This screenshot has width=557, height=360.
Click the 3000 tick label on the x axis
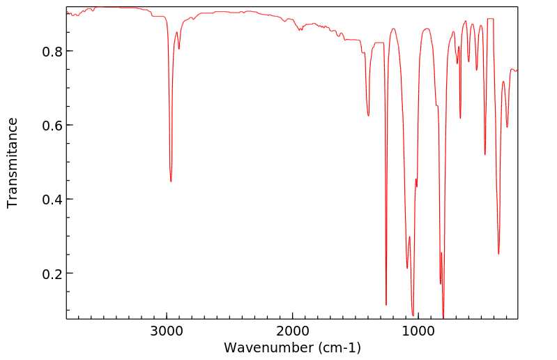pyautogui.click(x=167, y=331)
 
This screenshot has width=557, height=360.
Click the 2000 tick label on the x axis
pyautogui.click(x=292, y=331)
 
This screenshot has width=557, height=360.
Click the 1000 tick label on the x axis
pyautogui.click(x=418, y=331)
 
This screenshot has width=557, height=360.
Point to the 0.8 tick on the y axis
pyautogui.click(x=67, y=52)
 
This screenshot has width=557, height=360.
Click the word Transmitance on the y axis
pyautogui.click(x=13, y=163)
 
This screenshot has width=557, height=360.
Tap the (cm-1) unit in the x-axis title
pyautogui.click(x=338, y=347)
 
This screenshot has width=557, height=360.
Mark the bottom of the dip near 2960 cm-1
pyautogui.click(x=171, y=181)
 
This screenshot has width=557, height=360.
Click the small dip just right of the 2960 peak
pyautogui.click(x=179, y=49)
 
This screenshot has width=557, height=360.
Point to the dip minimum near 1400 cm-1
pyautogui.click(x=368, y=116)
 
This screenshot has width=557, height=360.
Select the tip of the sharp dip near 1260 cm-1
pyautogui.click(x=386, y=305)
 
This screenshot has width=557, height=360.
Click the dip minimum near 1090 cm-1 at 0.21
pyautogui.click(x=407, y=268)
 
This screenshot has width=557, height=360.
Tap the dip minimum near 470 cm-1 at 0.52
pyautogui.click(x=485, y=154)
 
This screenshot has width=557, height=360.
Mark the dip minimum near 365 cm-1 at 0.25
pyautogui.click(x=498, y=253)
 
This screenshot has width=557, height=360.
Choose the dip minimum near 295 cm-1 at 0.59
pyautogui.click(x=507, y=127)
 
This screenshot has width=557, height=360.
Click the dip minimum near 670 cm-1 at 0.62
pyautogui.click(x=460, y=118)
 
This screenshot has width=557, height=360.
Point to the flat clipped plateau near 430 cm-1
pyautogui.click(x=490, y=19)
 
